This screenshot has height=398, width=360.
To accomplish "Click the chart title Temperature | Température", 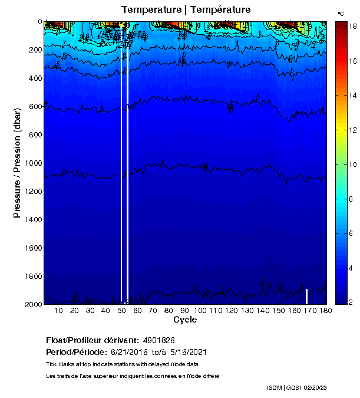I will [186, 9].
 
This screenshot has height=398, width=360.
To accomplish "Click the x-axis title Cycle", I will [185, 320].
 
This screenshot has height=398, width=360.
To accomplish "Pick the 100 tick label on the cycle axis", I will [200, 311].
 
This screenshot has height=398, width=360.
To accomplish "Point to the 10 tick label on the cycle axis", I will [58, 311].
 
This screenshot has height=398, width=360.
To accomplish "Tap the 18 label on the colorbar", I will [348, 27].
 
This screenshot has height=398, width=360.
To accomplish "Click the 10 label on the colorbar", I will [348, 164].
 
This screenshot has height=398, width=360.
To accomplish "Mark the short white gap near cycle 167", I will [307, 296].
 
